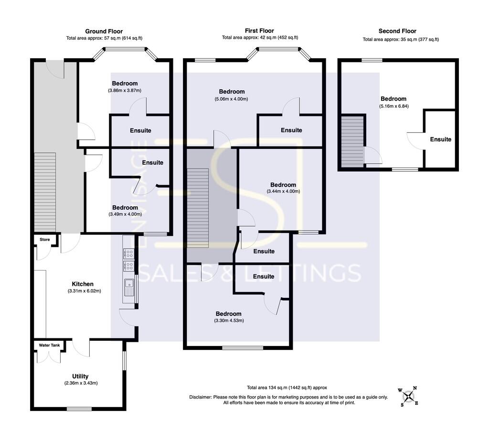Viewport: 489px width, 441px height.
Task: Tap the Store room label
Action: [x=44, y=240]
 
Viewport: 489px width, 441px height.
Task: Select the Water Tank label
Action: [x=46, y=345]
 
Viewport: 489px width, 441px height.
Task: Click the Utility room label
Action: [x=80, y=376]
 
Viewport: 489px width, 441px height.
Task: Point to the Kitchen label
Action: [x=83, y=284]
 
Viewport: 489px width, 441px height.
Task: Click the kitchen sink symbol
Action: [x=129, y=287]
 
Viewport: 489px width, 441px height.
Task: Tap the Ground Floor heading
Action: [x=104, y=31]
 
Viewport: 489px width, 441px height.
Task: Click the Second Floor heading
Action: [x=397, y=31]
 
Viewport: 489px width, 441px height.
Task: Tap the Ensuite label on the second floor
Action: [x=440, y=139]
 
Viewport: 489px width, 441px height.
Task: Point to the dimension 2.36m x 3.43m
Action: [x=81, y=383]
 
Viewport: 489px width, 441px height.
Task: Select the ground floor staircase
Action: [x=45, y=191]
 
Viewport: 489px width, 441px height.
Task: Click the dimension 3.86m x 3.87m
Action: [x=125, y=90]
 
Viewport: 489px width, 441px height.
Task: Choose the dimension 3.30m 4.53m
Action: [x=229, y=320]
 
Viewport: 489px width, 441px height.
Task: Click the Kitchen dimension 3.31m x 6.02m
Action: [x=84, y=291]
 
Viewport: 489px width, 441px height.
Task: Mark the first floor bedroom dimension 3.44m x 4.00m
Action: [x=283, y=191]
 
